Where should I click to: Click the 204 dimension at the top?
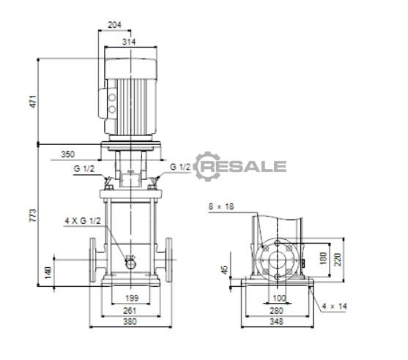point(114,25)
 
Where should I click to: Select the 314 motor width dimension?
point(129,42)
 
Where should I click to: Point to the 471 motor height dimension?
point(33,102)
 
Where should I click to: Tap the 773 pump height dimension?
point(33,215)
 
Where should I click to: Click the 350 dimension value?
point(67,154)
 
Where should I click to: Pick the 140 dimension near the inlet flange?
point(48,273)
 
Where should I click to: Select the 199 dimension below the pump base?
point(132,298)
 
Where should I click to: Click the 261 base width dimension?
point(130,310)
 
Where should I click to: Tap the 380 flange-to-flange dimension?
point(130,321)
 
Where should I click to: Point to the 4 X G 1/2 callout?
point(83,221)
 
